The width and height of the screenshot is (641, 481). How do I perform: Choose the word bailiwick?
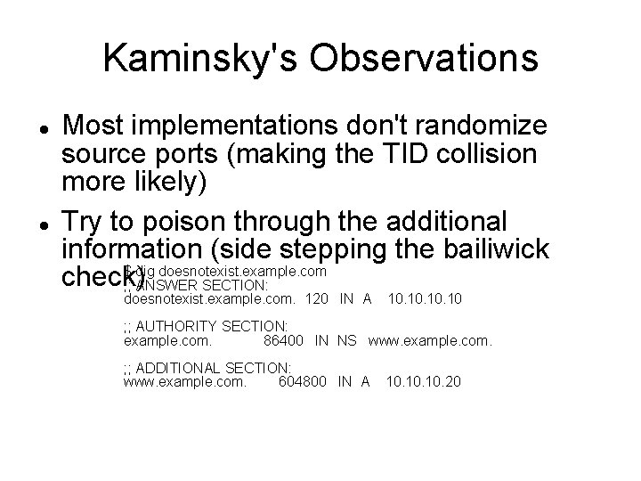pyautogui.click(x=508, y=251)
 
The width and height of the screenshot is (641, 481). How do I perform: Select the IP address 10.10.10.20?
pyautogui.click(x=425, y=381)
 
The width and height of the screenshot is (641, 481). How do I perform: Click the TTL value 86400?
pyautogui.click(x=284, y=340)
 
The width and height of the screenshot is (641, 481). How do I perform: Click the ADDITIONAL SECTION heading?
pyautogui.click(x=206, y=367)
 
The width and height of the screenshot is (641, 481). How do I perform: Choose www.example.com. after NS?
pyautogui.click(x=430, y=340)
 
